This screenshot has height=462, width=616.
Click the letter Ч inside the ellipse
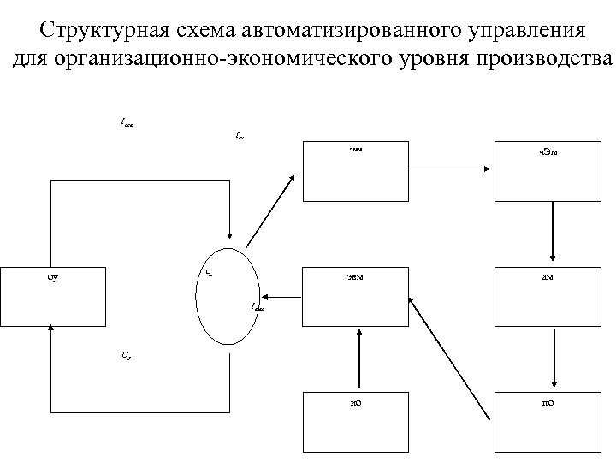click(x=209, y=274)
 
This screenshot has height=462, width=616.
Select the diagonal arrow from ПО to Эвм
click(x=449, y=359)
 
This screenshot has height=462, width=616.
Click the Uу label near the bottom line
click(x=126, y=352)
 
